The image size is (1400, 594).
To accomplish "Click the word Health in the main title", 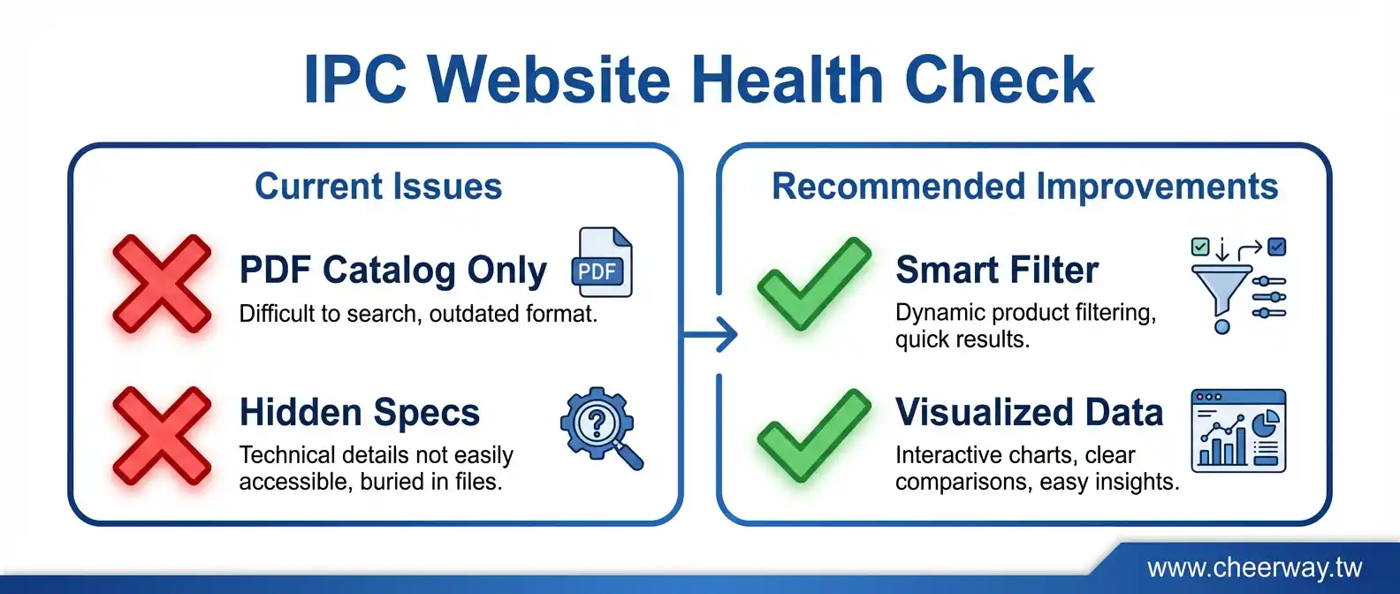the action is pyautogui.click(x=787, y=80).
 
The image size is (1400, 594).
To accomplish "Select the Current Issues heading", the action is pyautogui.click(x=378, y=187).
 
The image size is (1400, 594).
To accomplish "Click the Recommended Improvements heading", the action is pyautogui.click(x=1025, y=187).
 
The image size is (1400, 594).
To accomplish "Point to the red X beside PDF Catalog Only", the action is pyautogui.click(x=162, y=284).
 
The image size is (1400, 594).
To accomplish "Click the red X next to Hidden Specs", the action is pyautogui.click(x=162, y=436).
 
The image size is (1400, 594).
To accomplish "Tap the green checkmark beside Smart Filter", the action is pyautogui.click(x=814, y=284).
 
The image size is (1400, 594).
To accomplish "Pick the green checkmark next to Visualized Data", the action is pyautogui.click(x=814, y=436).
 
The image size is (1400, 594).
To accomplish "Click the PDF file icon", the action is pyautogui.click(x=602, y=262).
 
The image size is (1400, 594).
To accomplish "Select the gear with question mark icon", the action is pyautogui.click(x=601, y=428).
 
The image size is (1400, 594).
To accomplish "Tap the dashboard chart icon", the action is pyautogui.click(x=1238, y=430).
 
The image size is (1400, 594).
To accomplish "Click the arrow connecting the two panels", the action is pyautogui.click(x=711, y=334).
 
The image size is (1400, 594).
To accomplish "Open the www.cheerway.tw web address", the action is pyautogui.click(x=1254, y=567).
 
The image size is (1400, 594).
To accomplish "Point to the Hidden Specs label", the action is pyautogui.click(x=360, y=412).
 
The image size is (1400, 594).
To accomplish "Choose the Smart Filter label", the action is pyautogui.click(x=997, y=270).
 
